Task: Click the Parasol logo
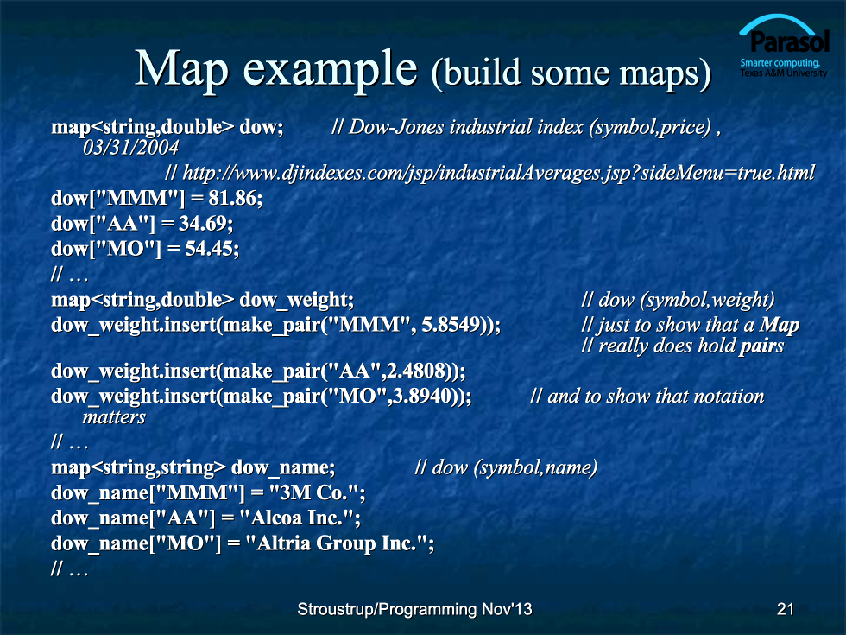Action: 784,46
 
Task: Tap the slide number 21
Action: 785,609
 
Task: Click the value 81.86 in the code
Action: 232,198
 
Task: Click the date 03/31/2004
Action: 130,148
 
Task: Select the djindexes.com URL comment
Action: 489,173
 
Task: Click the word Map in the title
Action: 182,68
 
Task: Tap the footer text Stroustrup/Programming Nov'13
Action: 414,609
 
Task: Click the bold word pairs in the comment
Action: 761,346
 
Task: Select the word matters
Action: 114,416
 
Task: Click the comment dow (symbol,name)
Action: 506,467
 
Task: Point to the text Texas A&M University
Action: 783,73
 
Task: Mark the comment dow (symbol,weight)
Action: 679,300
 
